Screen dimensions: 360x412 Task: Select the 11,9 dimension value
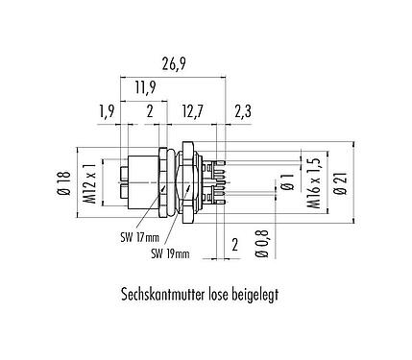pos(145,87)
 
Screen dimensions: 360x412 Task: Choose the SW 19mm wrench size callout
pos(170,253)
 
